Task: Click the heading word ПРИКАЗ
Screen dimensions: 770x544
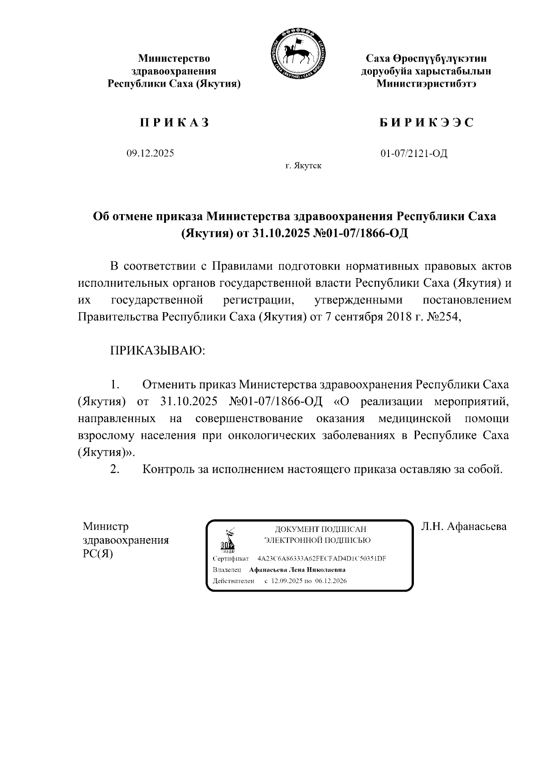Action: [174, 123]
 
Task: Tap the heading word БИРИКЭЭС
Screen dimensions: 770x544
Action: [426, 123]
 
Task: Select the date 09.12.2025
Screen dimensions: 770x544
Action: [150, 153]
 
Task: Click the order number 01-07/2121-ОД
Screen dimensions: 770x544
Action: [414, 153]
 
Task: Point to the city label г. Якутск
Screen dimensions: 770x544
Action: [303, 166]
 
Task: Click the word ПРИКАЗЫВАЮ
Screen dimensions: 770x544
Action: [157, 351]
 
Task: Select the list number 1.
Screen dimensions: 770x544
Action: [114, 385]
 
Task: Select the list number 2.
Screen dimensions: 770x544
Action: [114, 469]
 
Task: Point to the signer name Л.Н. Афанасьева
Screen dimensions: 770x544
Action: [463, 526]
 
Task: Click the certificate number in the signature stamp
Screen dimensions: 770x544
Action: [321, 559]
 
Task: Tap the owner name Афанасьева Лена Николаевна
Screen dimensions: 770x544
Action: [297, 570]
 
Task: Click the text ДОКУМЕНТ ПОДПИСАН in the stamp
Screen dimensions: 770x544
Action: [321, 530]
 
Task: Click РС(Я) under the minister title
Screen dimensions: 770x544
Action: [98, 554]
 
